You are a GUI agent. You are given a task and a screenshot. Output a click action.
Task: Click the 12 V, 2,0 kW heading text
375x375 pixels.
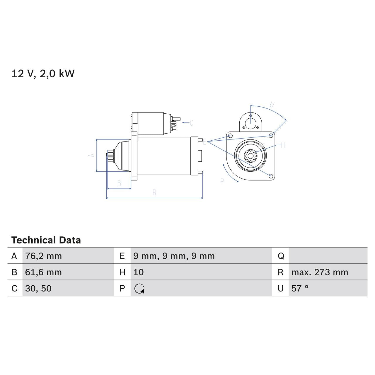43,74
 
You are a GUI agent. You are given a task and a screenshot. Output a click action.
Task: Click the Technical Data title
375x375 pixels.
46,240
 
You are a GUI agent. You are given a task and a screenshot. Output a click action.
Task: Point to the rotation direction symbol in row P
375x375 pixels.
139,289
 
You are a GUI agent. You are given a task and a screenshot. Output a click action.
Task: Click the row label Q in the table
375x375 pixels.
281,256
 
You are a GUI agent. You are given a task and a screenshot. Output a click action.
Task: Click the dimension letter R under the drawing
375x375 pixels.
154,192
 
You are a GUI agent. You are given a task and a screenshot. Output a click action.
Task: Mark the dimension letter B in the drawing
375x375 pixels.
119,183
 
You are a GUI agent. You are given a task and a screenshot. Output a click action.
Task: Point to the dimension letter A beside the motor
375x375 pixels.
92,155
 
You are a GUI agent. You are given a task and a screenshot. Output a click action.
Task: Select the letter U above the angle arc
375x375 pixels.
272,105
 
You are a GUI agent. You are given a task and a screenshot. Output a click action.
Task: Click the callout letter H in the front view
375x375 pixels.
283,145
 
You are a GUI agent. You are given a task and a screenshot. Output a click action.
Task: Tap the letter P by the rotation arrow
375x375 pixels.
222,182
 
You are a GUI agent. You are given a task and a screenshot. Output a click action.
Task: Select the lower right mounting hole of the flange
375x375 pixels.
271,176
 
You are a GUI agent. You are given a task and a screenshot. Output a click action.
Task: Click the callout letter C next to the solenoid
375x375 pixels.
191,123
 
